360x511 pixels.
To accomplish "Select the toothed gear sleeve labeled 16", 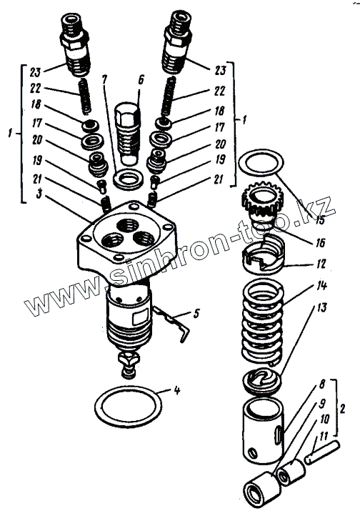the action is [x=260, y=204].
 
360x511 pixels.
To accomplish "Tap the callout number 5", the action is [x=195, y=314].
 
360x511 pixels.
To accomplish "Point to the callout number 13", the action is [x=322, y=307].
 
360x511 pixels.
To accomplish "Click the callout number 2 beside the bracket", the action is [x=343, y=408].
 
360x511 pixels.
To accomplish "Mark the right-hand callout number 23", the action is [x=220, y=70].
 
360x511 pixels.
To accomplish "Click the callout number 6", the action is [x=141, y=79].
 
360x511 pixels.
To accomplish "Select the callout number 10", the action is [x=324, y=419].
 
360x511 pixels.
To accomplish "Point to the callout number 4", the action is [x=176, y=390].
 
